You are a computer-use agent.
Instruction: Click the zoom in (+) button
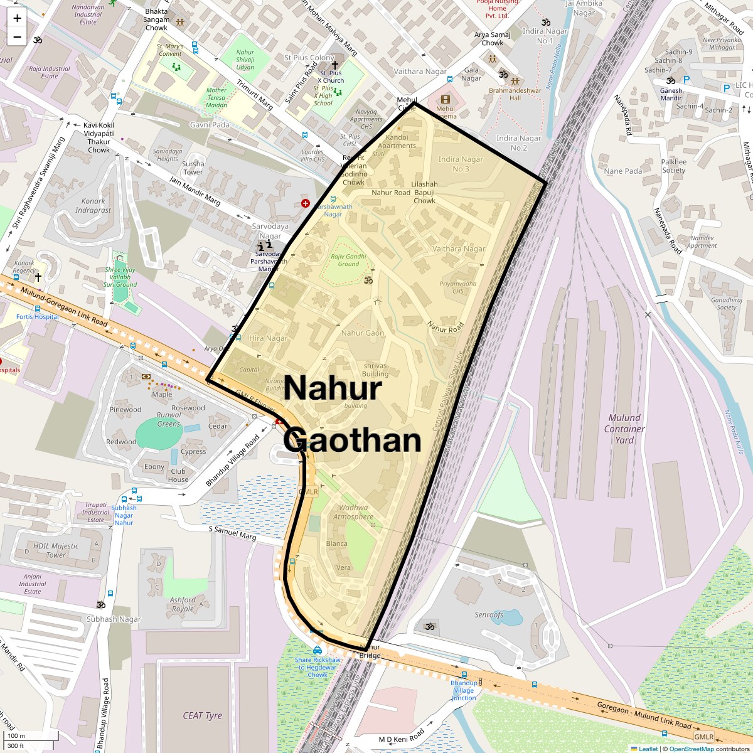tap(17, 18)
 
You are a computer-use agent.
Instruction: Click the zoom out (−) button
tap(17, 36)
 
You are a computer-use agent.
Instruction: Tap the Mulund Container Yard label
tap(624, 429)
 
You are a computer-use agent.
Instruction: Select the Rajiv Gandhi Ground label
tap(348, 260)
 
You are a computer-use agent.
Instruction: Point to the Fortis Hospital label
tap(38, 317)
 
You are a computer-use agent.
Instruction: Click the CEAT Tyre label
tap(202, 715)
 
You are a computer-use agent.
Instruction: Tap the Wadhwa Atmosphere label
tap(353, 512)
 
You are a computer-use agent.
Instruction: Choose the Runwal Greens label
tap(168, 419)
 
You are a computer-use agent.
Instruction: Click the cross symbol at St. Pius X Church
tap(334, 65)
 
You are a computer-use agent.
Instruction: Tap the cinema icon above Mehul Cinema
tap(446, 99)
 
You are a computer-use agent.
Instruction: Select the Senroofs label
tap(489, 615)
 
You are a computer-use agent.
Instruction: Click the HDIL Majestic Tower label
tap(56, 550)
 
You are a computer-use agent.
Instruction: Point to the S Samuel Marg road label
tap(232, 533)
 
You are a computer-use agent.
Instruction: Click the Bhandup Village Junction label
tap(464, 690)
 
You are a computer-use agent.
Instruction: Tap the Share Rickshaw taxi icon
tap(318, 650)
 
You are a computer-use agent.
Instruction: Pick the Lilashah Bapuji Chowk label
tap(424, 193)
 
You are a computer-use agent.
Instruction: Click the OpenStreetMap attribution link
tap(691, 749)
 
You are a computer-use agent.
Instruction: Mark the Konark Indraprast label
tap(93, 206)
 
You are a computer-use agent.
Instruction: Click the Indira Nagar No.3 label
tap(461, 164)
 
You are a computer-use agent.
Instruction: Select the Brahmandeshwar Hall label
tap(515, 94)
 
